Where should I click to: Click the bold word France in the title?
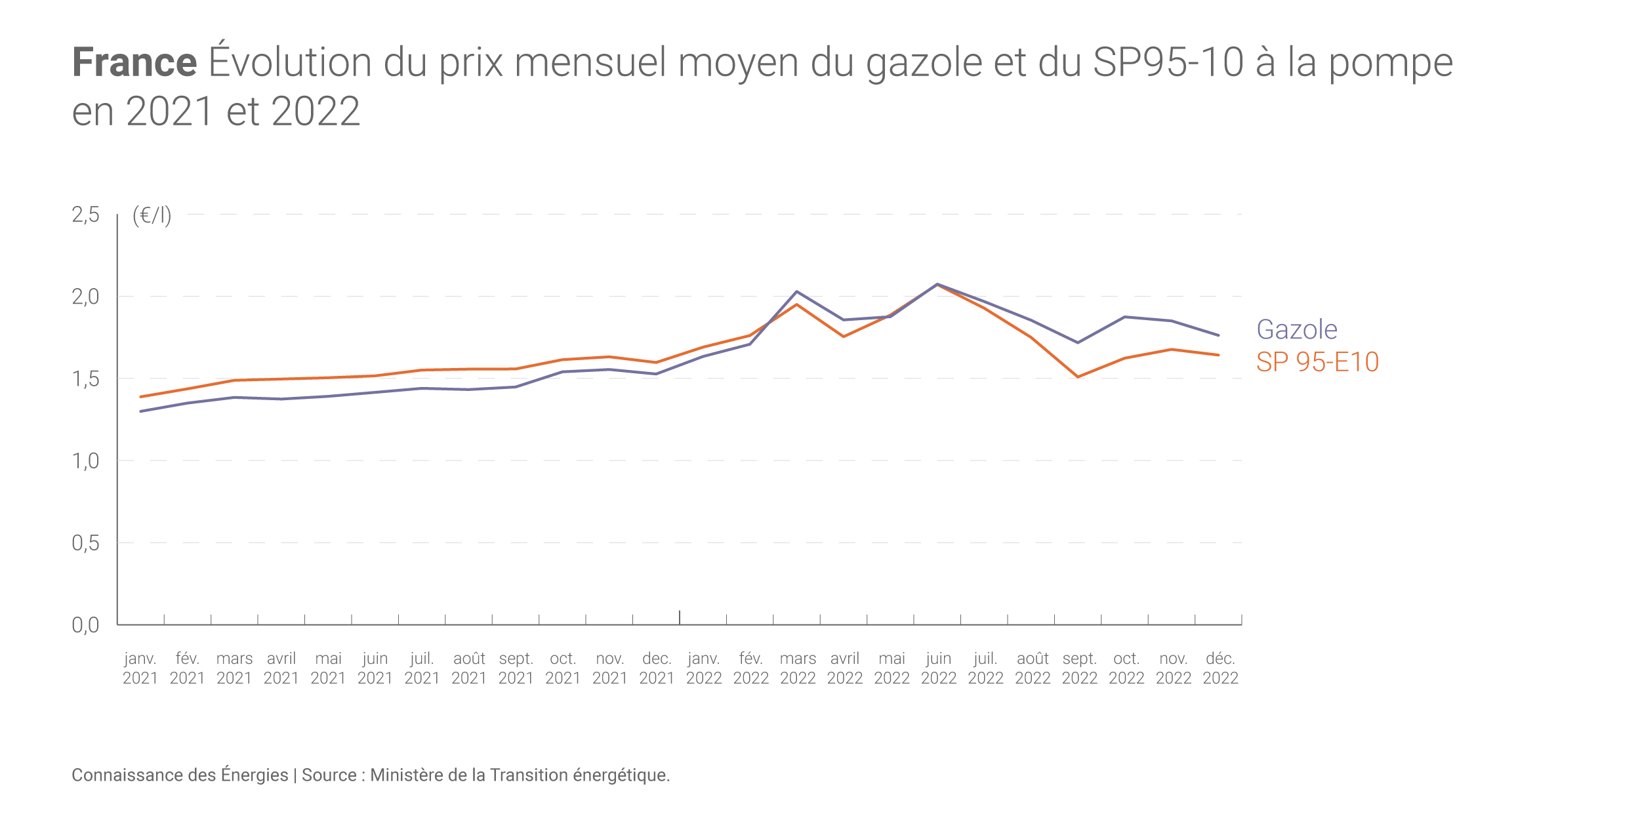pos(134,62)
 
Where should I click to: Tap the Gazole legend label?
pos(1296,329)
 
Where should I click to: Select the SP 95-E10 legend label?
pos(1317,362)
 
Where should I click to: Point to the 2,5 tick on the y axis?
pos(85,215)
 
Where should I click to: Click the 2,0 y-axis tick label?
pos(85,297)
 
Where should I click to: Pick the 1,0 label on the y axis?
pos(85,461)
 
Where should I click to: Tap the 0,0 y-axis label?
pos(85,625)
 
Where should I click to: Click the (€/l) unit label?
pos(152,215)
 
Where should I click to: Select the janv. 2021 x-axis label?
pos(140,668)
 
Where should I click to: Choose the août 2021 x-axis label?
pos(469,668)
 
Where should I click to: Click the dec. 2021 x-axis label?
pos(657,668)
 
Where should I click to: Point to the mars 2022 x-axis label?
pos(798,668)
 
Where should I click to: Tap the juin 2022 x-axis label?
pos(939,668)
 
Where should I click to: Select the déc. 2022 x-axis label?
pos(1220,668)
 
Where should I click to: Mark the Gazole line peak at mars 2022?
pos(796,291)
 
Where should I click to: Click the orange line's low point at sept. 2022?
pos(1078,377)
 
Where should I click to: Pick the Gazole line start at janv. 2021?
pos(141,411)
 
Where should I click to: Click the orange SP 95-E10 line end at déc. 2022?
pos(1218,355)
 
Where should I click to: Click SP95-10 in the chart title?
pos(1168,62)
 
